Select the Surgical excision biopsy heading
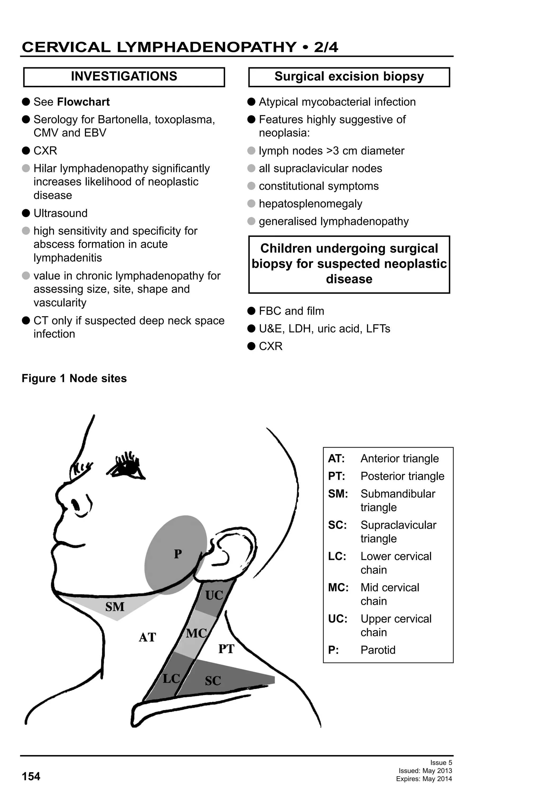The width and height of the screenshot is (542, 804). (x=349, y=77)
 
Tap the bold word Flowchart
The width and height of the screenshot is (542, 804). (x=83, y=102)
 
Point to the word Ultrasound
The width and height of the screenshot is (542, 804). (x=60, y=213)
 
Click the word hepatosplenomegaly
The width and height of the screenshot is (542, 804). (x=310, y=204)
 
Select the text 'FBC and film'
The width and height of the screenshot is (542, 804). (x=291, y=311)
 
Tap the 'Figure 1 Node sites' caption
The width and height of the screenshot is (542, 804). (x=74, y=378)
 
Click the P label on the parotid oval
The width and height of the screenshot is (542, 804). (x=178, y=554)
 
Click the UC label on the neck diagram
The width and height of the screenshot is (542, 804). (x=214, y=595)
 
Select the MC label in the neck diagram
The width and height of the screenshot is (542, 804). (x=196, y=633)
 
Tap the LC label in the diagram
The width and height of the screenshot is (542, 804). (x=171, y=678)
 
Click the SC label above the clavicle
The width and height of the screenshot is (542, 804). (x=213, y=681)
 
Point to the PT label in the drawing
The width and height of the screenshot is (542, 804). (x=226, y=649)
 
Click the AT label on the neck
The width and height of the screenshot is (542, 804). (x=147, y=637)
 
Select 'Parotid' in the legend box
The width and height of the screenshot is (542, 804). (x=378, y=650)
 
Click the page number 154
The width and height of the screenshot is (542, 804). (x=31, y=776)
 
